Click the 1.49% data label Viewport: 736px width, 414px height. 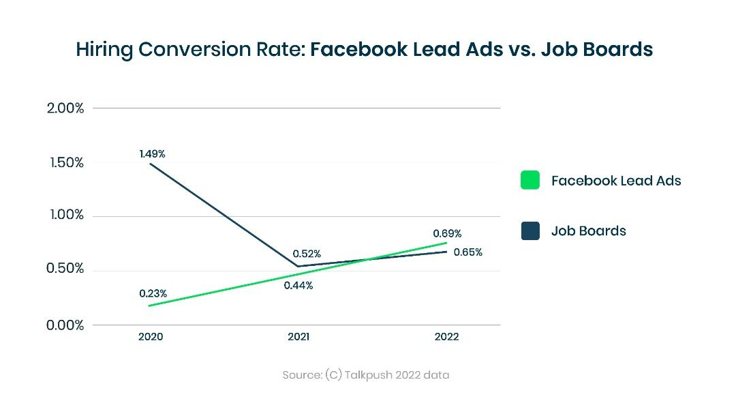tap(153, 154)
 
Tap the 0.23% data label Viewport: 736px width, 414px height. tap(153, 294)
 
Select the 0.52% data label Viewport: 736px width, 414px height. tap(307, 254)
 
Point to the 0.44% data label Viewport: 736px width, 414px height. tap(298, 286)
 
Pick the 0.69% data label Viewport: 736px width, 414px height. tap(447, 234)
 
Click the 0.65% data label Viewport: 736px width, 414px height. tap(468, 252)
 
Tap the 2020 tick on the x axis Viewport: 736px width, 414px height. tap(151, 337)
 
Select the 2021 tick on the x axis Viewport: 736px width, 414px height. tap(298, 337)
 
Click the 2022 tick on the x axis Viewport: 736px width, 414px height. tap(446, 337)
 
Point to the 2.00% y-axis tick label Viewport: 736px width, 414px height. tap(65, 108)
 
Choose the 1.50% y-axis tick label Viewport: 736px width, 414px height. tap(65, 163)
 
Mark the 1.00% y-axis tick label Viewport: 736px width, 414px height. tap(65, 216)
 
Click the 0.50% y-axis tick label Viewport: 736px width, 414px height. tap(65, 269)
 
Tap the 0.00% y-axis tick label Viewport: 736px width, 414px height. tap(65, 325)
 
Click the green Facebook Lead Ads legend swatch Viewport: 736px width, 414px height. tap(530, 181)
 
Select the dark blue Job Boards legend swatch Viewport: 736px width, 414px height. tap(530, 231)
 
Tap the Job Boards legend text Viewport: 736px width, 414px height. tap(589, 231)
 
